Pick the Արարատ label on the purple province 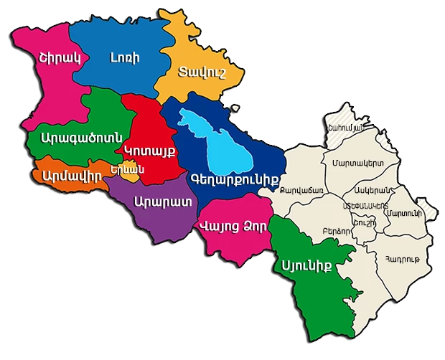pyautogui.click(x=162, y=200)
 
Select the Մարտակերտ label pyautogui.click(x=357, y=164)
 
